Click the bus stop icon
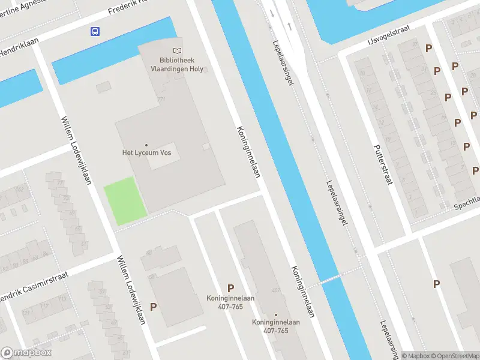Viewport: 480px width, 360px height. point(95,31)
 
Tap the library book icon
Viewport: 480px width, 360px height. point(176,52)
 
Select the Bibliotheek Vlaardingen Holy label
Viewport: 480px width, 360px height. point(176,65)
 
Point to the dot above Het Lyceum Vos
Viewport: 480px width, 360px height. point(146,145)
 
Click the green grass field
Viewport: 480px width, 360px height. point(125,199)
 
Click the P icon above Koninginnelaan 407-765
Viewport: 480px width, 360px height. point(230,288)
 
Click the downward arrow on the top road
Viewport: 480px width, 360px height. point(272,13)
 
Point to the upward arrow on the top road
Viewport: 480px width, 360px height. point(290,26)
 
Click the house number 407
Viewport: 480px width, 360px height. point(275,290)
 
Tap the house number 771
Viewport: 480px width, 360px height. point(160,99)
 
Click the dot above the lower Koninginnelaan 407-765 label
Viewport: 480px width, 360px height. point(276,314)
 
